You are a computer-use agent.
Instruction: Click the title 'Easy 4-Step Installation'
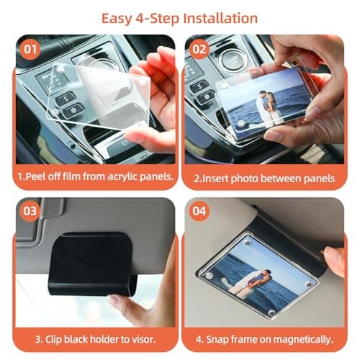[180, 17]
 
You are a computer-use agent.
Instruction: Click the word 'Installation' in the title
[216, 17]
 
